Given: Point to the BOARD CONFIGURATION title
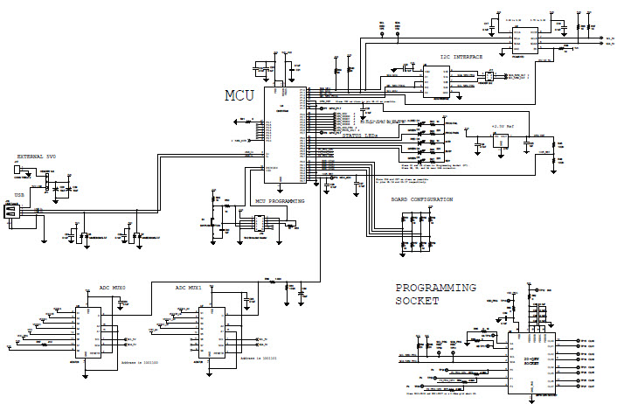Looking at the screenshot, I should tap(421, 199).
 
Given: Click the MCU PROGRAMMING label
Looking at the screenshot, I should tap(280, 201).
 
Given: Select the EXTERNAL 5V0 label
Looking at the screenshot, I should tap(35, 157).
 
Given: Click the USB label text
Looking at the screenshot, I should tap(19, 195).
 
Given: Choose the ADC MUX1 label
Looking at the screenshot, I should tap(189, 286).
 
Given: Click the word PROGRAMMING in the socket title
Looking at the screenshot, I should tap(434, 287).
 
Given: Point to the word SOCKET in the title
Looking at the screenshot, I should tap(418, 301).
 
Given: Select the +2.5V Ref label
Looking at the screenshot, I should tap(504, 126).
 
